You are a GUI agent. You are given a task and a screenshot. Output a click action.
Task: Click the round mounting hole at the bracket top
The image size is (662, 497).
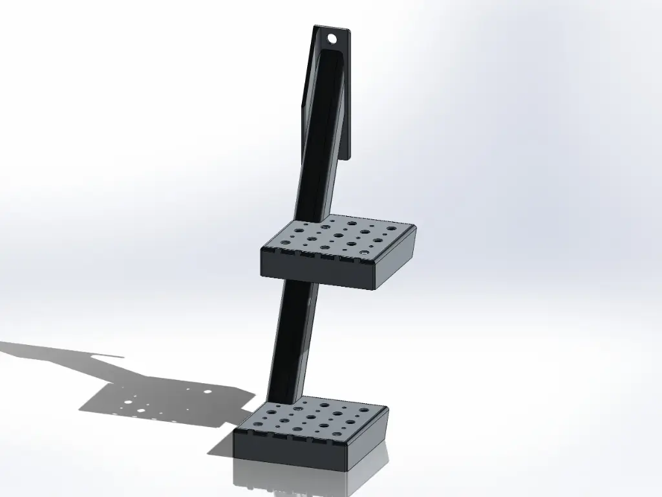pos(332,39)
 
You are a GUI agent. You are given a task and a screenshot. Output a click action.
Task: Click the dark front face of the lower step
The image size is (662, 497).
pos(291,450)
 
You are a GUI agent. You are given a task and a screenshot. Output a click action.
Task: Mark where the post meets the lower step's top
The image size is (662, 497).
pos(282,401)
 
